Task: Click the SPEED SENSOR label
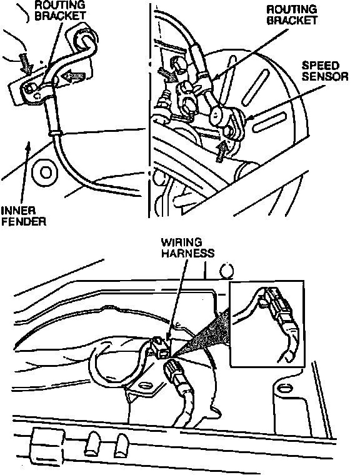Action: pyautogui.click(x=325, y=71)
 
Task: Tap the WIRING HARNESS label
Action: pyautogui.click(x=187, y=247)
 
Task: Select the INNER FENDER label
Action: pyautogui.click(x=23, y=216)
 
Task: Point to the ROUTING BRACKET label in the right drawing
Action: pyautogui.click(x=292, y=15)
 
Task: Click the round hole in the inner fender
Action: pyautogui.click(x=46, y=173)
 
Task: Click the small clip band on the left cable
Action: pyautogui.click(x=55, y=133)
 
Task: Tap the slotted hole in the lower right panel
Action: pyautogui.click(x=284, y=387)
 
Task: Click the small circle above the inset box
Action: pyautogui.click(x=226, y=270)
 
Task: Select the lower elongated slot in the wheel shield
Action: pyautogui.click(x=269, y=122)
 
